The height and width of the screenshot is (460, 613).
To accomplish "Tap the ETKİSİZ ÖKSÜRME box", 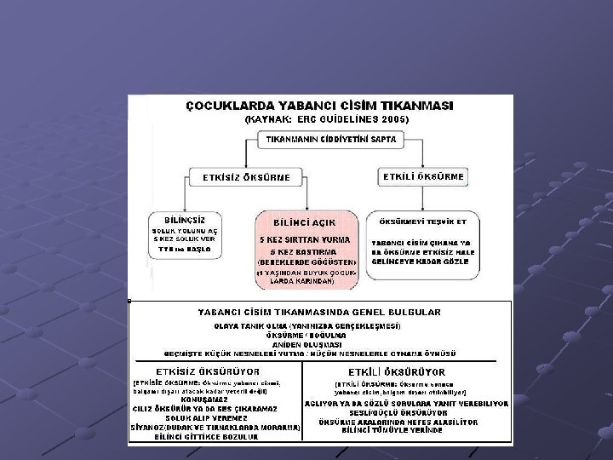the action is click(x=246, y=177).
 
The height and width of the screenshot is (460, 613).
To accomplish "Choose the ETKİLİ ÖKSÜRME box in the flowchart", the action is click(x=424, y=176).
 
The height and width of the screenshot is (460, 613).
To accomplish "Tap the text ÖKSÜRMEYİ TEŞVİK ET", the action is click(x=424, y=221).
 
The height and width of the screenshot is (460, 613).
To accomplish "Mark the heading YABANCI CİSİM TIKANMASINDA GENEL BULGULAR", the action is click(x=319, y=313).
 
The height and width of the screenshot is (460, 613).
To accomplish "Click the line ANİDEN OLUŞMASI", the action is click(x=319, y=342).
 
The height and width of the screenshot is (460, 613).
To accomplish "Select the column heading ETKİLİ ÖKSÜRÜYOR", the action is click(x=397, y=372).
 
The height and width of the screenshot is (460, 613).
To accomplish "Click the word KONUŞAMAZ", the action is click(x=206, y=399).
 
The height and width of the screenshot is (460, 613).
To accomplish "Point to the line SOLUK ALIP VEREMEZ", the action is click(x=206, y=417).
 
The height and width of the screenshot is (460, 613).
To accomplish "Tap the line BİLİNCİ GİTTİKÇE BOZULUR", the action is click(x=206, y=437).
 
